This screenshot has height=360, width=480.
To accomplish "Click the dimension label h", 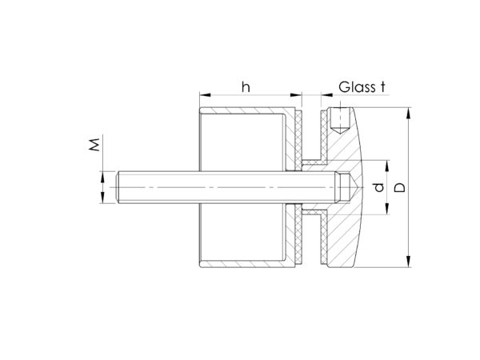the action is [246, 87].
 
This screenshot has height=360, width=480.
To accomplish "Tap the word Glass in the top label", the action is [357, 87].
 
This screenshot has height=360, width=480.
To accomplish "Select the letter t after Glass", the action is [382, 87].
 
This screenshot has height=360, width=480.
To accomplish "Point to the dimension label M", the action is [94, 145].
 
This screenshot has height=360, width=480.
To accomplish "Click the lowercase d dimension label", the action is [379, 187].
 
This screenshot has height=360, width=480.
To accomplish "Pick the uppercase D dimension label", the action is [399, 187].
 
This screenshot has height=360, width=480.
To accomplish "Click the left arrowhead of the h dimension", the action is [205, 95].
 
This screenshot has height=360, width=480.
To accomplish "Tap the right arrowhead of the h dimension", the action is [296, 95].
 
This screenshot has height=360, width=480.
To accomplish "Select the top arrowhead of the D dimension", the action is [408, 113].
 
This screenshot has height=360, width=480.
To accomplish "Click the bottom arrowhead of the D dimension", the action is [408, 262].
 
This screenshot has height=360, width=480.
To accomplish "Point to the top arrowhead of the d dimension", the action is [387, 166].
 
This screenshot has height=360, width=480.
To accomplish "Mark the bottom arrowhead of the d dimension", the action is [387, 209].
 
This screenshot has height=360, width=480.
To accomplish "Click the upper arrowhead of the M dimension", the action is [102, 177].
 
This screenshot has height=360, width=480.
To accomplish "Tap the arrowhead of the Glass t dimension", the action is [327, 95].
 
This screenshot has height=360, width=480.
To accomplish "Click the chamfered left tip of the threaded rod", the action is [118, 187].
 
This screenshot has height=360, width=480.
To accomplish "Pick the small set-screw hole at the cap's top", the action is [340, 121].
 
